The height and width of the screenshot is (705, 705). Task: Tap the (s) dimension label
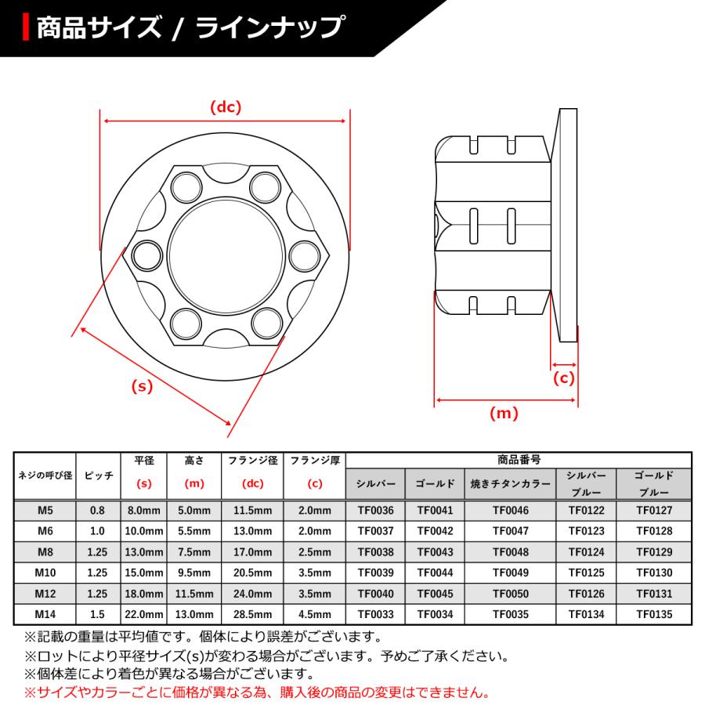[x=143, y=386]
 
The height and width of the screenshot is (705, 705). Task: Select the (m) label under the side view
[x=504, y=413]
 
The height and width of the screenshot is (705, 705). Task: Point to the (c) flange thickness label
[x=564, y=378]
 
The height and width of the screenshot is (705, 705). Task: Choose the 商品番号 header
[x=519, y=461]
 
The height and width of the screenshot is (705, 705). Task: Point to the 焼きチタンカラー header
[x=510, y=484]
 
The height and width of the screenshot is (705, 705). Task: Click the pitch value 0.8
[x=98, y=511]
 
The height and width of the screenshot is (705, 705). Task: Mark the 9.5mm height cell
[x=194, y=573]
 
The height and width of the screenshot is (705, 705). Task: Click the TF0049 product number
[x=510, y=573]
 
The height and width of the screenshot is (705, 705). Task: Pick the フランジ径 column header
[x=253, y=461]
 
